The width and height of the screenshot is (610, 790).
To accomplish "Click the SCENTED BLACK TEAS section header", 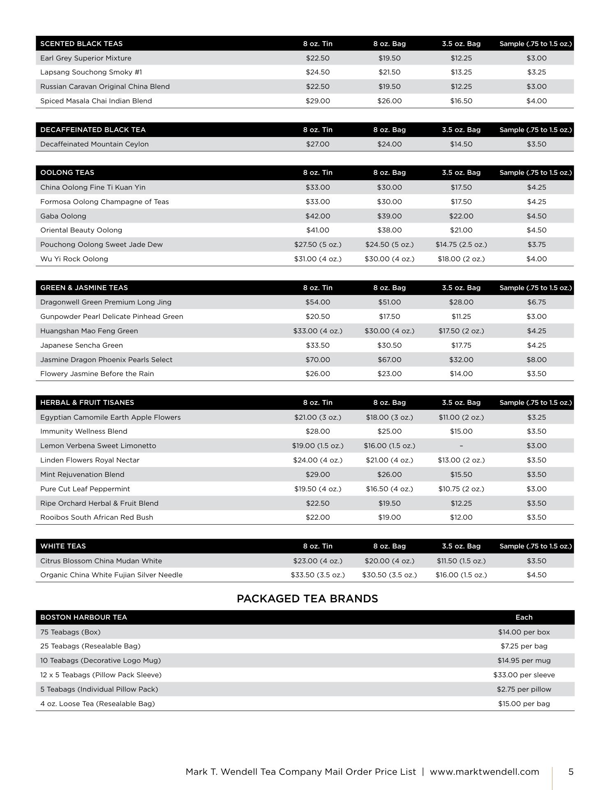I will pos(81,44).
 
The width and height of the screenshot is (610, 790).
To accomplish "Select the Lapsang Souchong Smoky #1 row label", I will pos(91,72).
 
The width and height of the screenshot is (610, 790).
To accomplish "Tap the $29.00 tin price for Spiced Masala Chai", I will pos(317,101).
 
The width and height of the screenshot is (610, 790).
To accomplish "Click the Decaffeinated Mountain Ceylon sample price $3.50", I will pos(536,144).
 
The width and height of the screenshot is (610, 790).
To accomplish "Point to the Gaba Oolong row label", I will pos(63,216).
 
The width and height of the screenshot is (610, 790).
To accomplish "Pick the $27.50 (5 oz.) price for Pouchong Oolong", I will pos(317,244).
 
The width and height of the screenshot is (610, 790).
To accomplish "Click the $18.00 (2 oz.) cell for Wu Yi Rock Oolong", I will pos(461,259).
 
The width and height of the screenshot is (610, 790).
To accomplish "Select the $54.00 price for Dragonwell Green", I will pos(317,302).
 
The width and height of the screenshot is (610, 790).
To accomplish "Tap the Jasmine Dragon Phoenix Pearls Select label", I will pos(106,360).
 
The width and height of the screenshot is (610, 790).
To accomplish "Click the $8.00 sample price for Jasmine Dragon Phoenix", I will pos(536,360).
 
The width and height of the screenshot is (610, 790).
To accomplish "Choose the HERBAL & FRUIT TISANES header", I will pos(87,402).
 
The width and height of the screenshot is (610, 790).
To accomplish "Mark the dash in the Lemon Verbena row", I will pos(461,446).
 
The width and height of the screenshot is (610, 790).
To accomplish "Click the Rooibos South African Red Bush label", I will pos(97,517).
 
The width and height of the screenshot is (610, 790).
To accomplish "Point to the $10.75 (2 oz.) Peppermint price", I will pos(461,489).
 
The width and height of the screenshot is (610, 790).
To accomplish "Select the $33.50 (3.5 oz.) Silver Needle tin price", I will pos(317,575).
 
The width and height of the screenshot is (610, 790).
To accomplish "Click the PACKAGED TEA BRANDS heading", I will pos(307,599).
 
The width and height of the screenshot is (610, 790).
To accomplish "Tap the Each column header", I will pos(524,617).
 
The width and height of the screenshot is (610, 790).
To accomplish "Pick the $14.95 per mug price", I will pos(524,660).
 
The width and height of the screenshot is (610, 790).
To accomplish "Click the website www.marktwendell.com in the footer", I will pos(484,771).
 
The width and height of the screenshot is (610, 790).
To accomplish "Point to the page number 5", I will pos(571,771).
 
